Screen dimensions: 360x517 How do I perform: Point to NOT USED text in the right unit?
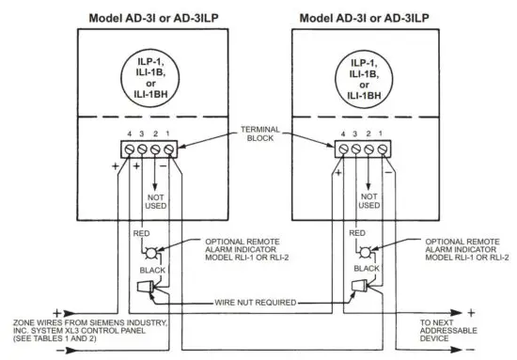point(369,199)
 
